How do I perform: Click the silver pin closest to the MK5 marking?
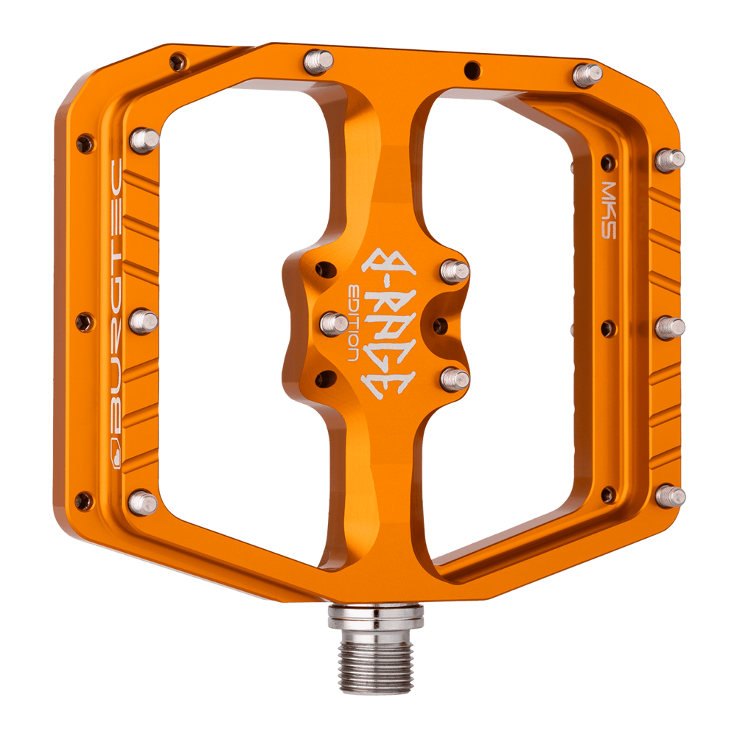point(669,158)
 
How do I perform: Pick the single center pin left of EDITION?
point(334,323)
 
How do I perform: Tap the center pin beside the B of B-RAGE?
point(455,271)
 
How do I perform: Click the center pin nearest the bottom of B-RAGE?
point(455,379)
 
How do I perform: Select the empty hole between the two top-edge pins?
point(469,71)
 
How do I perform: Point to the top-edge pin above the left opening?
point(318,60)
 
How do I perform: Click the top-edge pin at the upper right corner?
point(587,74)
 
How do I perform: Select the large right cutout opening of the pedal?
point(501,310)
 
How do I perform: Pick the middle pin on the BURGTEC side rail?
point(144,321)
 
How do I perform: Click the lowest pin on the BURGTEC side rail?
point(142,503)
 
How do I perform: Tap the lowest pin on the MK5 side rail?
point(669,496)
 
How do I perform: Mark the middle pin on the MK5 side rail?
point(669,327)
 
